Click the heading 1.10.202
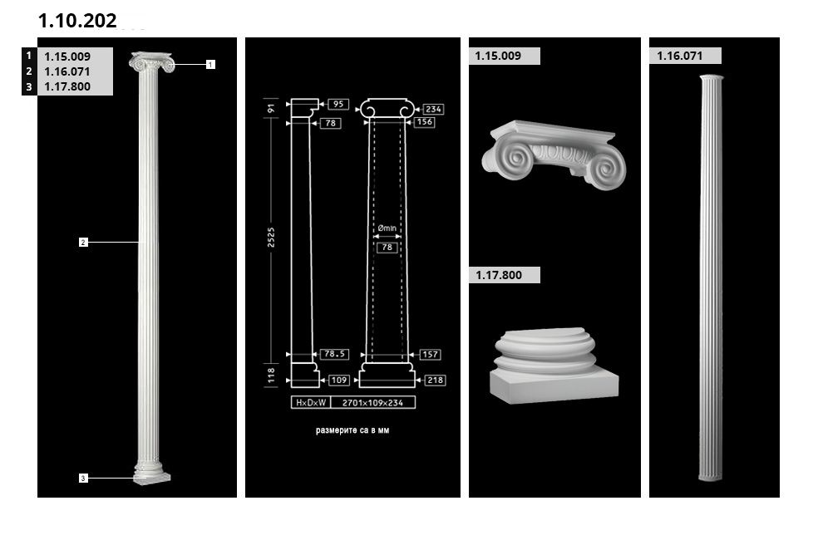click(x=77, y=21)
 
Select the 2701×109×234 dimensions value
click(x=372, y=403)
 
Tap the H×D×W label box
click(x=311, y=403)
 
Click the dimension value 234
click(x=433, y=109)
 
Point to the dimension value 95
click(x=338, y=104)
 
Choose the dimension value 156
click(x=424, y=122)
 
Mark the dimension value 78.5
click(x=334, y=354)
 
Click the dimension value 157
click(x=430, y=355)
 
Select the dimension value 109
click(x=339, y=380)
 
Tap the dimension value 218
click(x=435, y=380)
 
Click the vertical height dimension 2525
click(x=271, y=238)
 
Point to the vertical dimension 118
click(x=271, y=375)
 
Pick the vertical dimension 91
click(x=271, y=108)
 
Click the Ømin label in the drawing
click(x=387, y=228)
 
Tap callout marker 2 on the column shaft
click(x=83, y=242)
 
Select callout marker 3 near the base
click(x=83, y=479)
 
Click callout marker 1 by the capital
click(x=210, y=64)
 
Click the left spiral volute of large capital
click(x=509, y=159)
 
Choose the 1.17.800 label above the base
click(x=499, y=275)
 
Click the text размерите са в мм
click(x=352, y=430)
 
